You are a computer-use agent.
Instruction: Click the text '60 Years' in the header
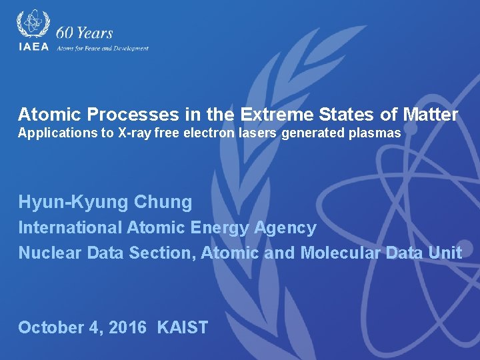(x=85, y=33)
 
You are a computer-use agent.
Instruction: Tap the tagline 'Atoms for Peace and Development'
(x=103, y=48)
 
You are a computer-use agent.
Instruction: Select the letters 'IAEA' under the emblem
(x=33, y=47)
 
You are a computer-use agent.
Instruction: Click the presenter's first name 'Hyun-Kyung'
(x=73, y=202)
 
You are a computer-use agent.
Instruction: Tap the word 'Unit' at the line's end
(x=446, y=253)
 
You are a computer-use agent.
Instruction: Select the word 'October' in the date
(x=51, y=328)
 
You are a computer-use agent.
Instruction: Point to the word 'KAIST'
(x=183, y=328)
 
